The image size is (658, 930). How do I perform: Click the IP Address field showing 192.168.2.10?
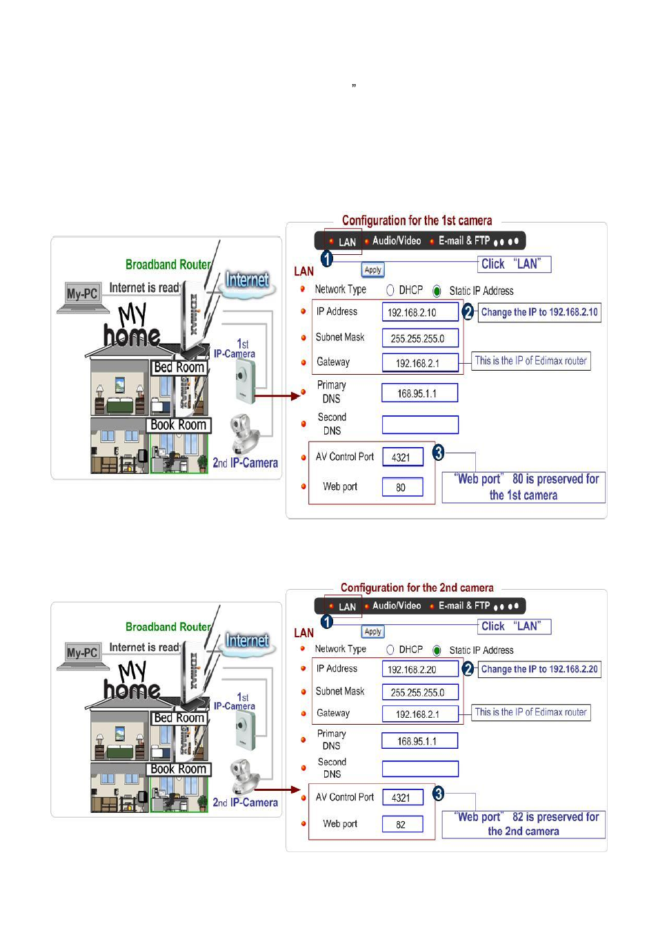pos(420,312)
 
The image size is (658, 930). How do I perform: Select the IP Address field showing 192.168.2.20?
pos(420,669)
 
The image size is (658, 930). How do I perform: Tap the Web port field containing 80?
pos(403,487)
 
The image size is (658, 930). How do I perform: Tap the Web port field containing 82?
pos(403,824)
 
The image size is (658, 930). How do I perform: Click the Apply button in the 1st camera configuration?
pos(373,270)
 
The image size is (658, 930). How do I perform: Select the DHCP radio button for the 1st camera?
pos(390,290)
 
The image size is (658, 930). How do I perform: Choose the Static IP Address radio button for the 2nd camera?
pos(437,650)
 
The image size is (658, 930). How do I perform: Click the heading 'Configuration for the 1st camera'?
pos(417,220)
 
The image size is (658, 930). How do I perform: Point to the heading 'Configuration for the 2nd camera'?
pos(417,588)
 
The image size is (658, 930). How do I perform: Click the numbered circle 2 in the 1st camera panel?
pos(468,312)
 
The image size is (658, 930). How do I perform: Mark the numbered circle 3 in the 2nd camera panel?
pos(439,794)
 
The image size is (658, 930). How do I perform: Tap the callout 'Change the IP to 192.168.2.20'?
pos(539,669)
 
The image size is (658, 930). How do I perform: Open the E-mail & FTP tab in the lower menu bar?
pos(463,606)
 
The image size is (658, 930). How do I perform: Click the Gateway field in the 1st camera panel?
pos(420,363)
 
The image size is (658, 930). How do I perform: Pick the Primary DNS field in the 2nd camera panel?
pos(419,741)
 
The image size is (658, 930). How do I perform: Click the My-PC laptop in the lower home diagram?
pos(82,655)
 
